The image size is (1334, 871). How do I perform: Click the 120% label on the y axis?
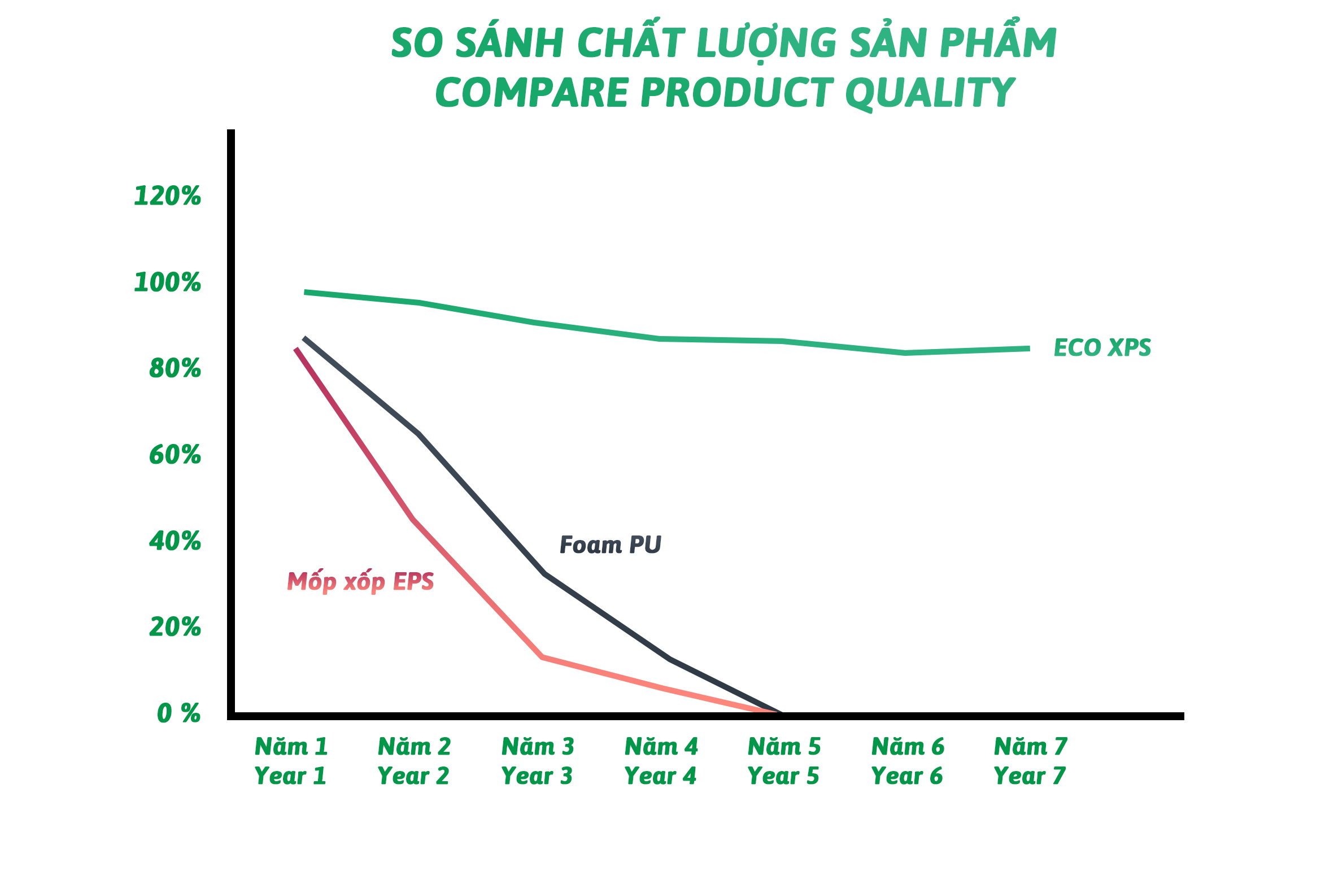(167, 196)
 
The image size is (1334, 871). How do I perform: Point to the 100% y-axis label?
(167, 282)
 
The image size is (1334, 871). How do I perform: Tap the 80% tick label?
(175, 369)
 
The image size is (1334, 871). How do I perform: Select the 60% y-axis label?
(175, 455)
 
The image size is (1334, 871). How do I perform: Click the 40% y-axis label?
(175, 542)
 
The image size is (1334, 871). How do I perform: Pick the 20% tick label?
(175, 628)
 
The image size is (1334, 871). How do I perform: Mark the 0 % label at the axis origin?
(178, 713)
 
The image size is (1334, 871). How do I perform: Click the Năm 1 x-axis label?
(291, 747)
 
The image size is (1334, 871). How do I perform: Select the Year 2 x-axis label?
(413, 776)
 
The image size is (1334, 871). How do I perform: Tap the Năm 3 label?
(538, 747)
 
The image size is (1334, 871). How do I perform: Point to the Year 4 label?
(660, 776)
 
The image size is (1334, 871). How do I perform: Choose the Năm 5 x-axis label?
(784, 747)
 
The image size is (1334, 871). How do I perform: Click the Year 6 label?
(907, 776)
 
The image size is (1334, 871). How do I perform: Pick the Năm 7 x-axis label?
(1031, 747)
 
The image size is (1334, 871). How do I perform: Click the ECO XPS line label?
(1102, 348)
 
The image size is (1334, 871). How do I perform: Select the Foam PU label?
(611, 545)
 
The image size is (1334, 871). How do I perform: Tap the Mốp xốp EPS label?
(360, 581)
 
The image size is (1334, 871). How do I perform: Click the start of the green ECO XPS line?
(305, 292)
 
